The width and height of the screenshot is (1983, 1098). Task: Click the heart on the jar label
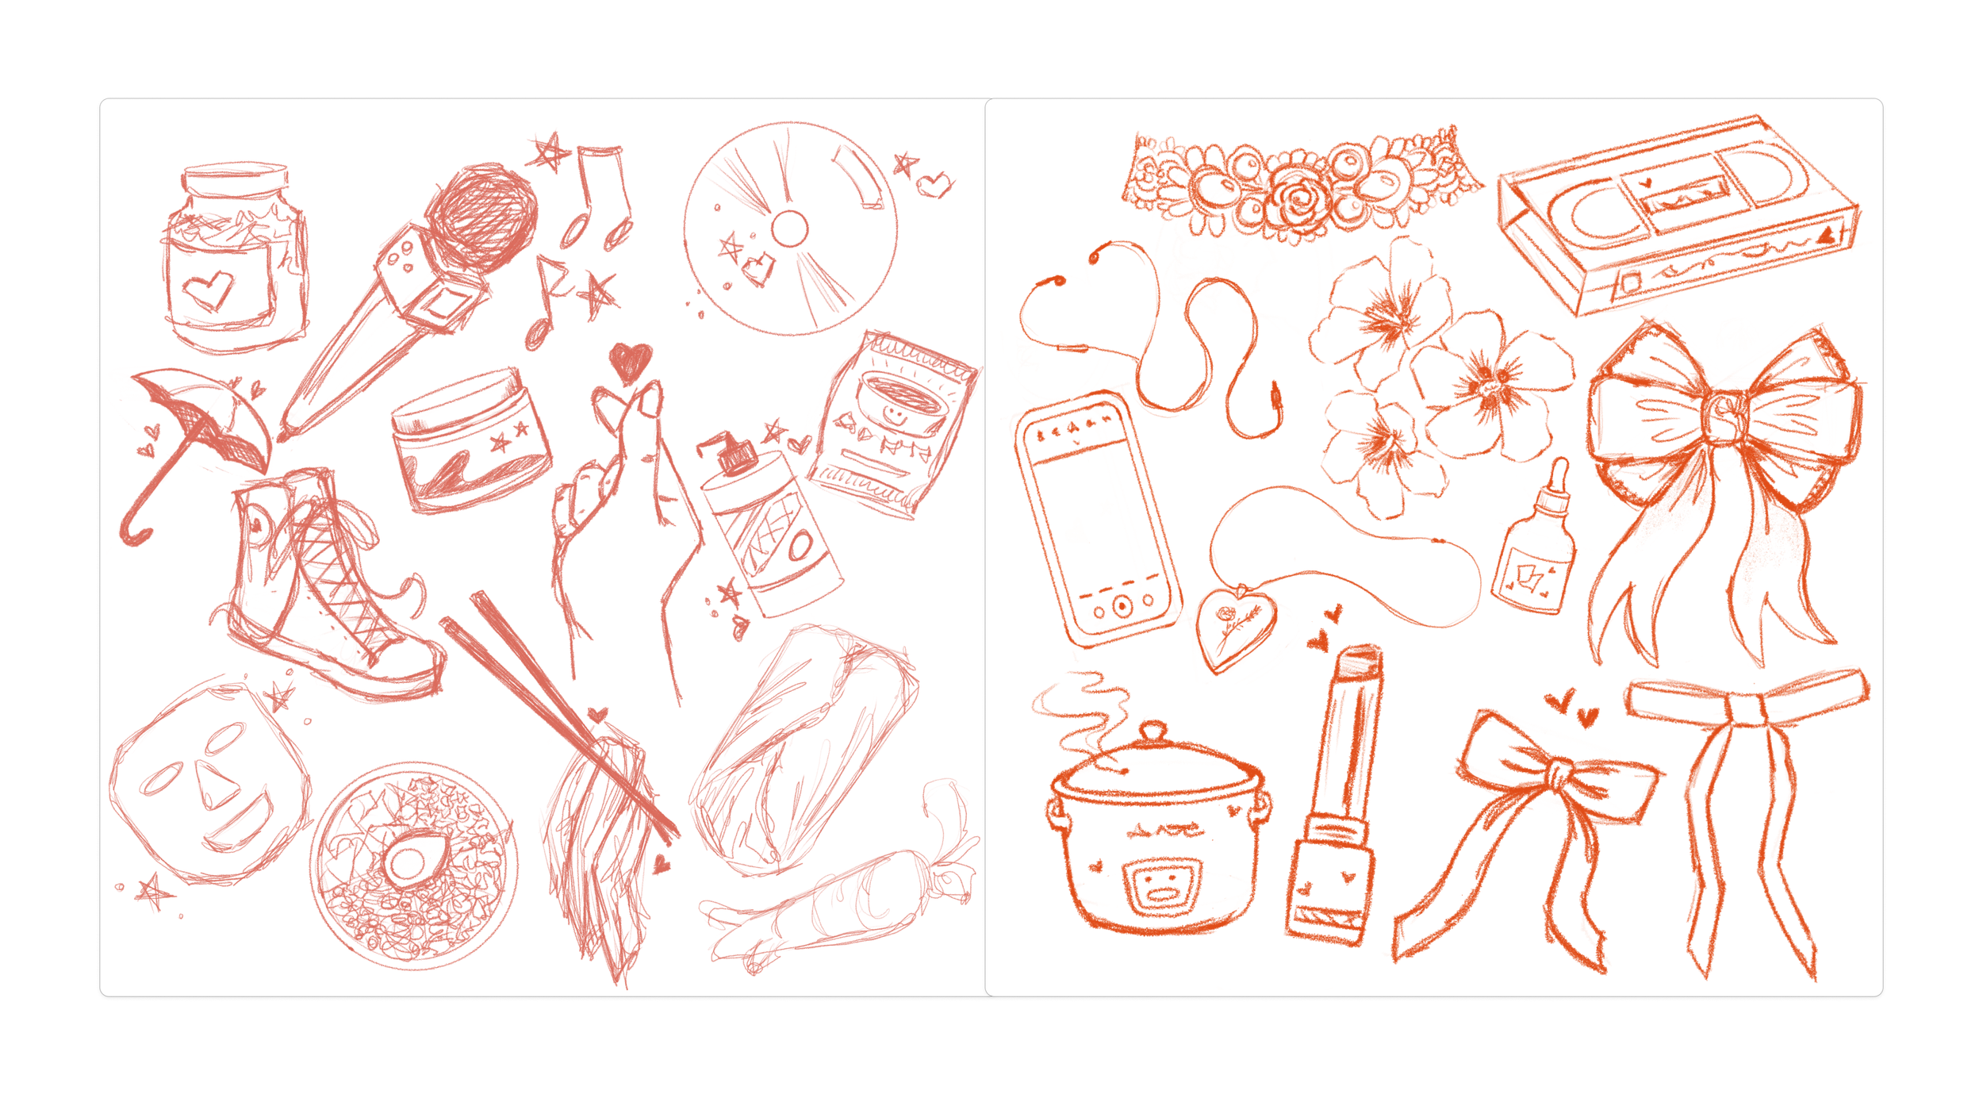coord(209,290)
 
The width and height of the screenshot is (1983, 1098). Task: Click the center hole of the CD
coord(789,229)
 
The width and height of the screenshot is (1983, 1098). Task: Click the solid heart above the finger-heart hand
coord(631,362)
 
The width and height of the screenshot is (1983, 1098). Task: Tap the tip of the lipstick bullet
coord(1360,658)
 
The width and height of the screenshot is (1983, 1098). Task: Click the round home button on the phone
coord(1122,607)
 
